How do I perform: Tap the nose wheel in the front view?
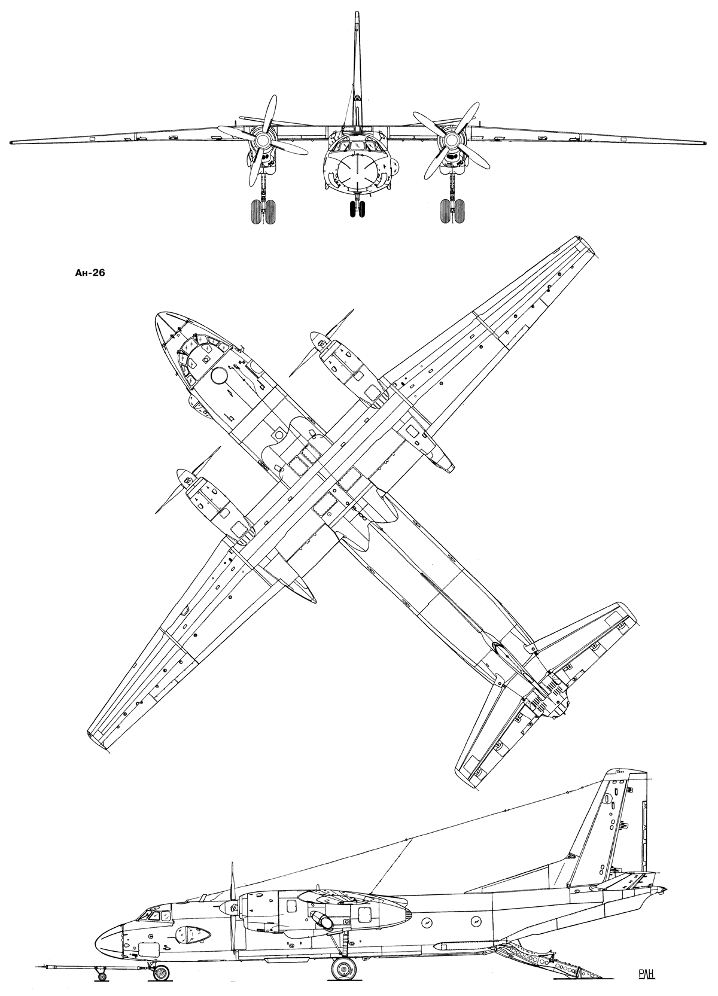pos(357,209)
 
